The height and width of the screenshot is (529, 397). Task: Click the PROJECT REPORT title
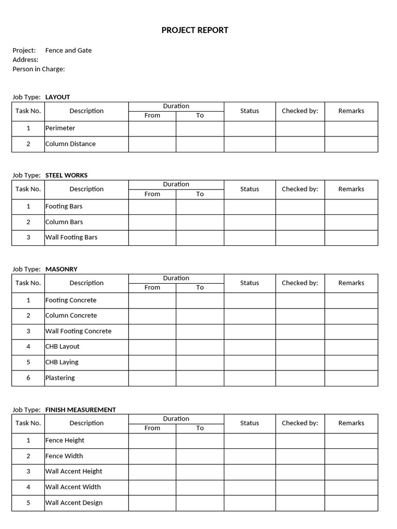tap(195, 30)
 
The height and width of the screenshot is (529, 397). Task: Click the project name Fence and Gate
tap(68, 50)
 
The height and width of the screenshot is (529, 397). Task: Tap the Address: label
tap(25, 59)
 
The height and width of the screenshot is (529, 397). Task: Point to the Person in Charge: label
tap(39, 69)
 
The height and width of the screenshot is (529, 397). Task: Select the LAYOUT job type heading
tap(57, 97)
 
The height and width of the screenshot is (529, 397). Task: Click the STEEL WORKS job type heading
tap(66, 175)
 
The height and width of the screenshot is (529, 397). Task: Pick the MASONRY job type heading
tap(61, 269)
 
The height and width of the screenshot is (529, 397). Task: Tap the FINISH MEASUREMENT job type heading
tap(80, 410)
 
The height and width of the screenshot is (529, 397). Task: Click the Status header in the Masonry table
tap(250, 283)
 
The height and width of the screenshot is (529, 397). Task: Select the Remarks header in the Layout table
tap(352, 111)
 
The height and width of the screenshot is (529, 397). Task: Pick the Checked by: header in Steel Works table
tap(300, 189)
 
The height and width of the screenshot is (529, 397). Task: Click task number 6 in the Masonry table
tap(28, 378)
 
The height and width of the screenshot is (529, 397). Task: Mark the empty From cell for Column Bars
tap(152, 222)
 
